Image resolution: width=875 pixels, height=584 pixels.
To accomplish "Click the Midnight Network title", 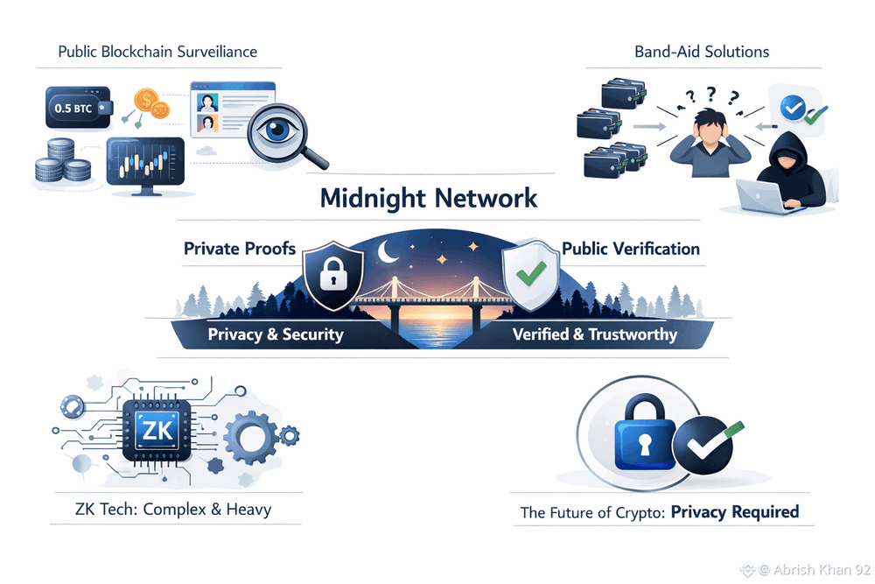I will click(x=429, y=198).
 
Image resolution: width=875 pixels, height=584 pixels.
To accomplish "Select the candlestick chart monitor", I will click(x=145, y=161).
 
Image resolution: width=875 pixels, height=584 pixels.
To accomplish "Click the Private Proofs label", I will click(x=240, y=249).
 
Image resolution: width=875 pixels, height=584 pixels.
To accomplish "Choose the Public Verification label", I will click(x=631, y=249).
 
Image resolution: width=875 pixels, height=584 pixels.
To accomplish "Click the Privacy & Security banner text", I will click(x=276, y=334).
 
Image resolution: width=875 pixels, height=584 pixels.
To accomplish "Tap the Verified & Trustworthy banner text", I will click(x=595, y=334).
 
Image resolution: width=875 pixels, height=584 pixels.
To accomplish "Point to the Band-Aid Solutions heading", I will click(x=702, y=52).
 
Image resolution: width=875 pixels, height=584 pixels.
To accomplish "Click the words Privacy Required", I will click(x=735, y=511).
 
